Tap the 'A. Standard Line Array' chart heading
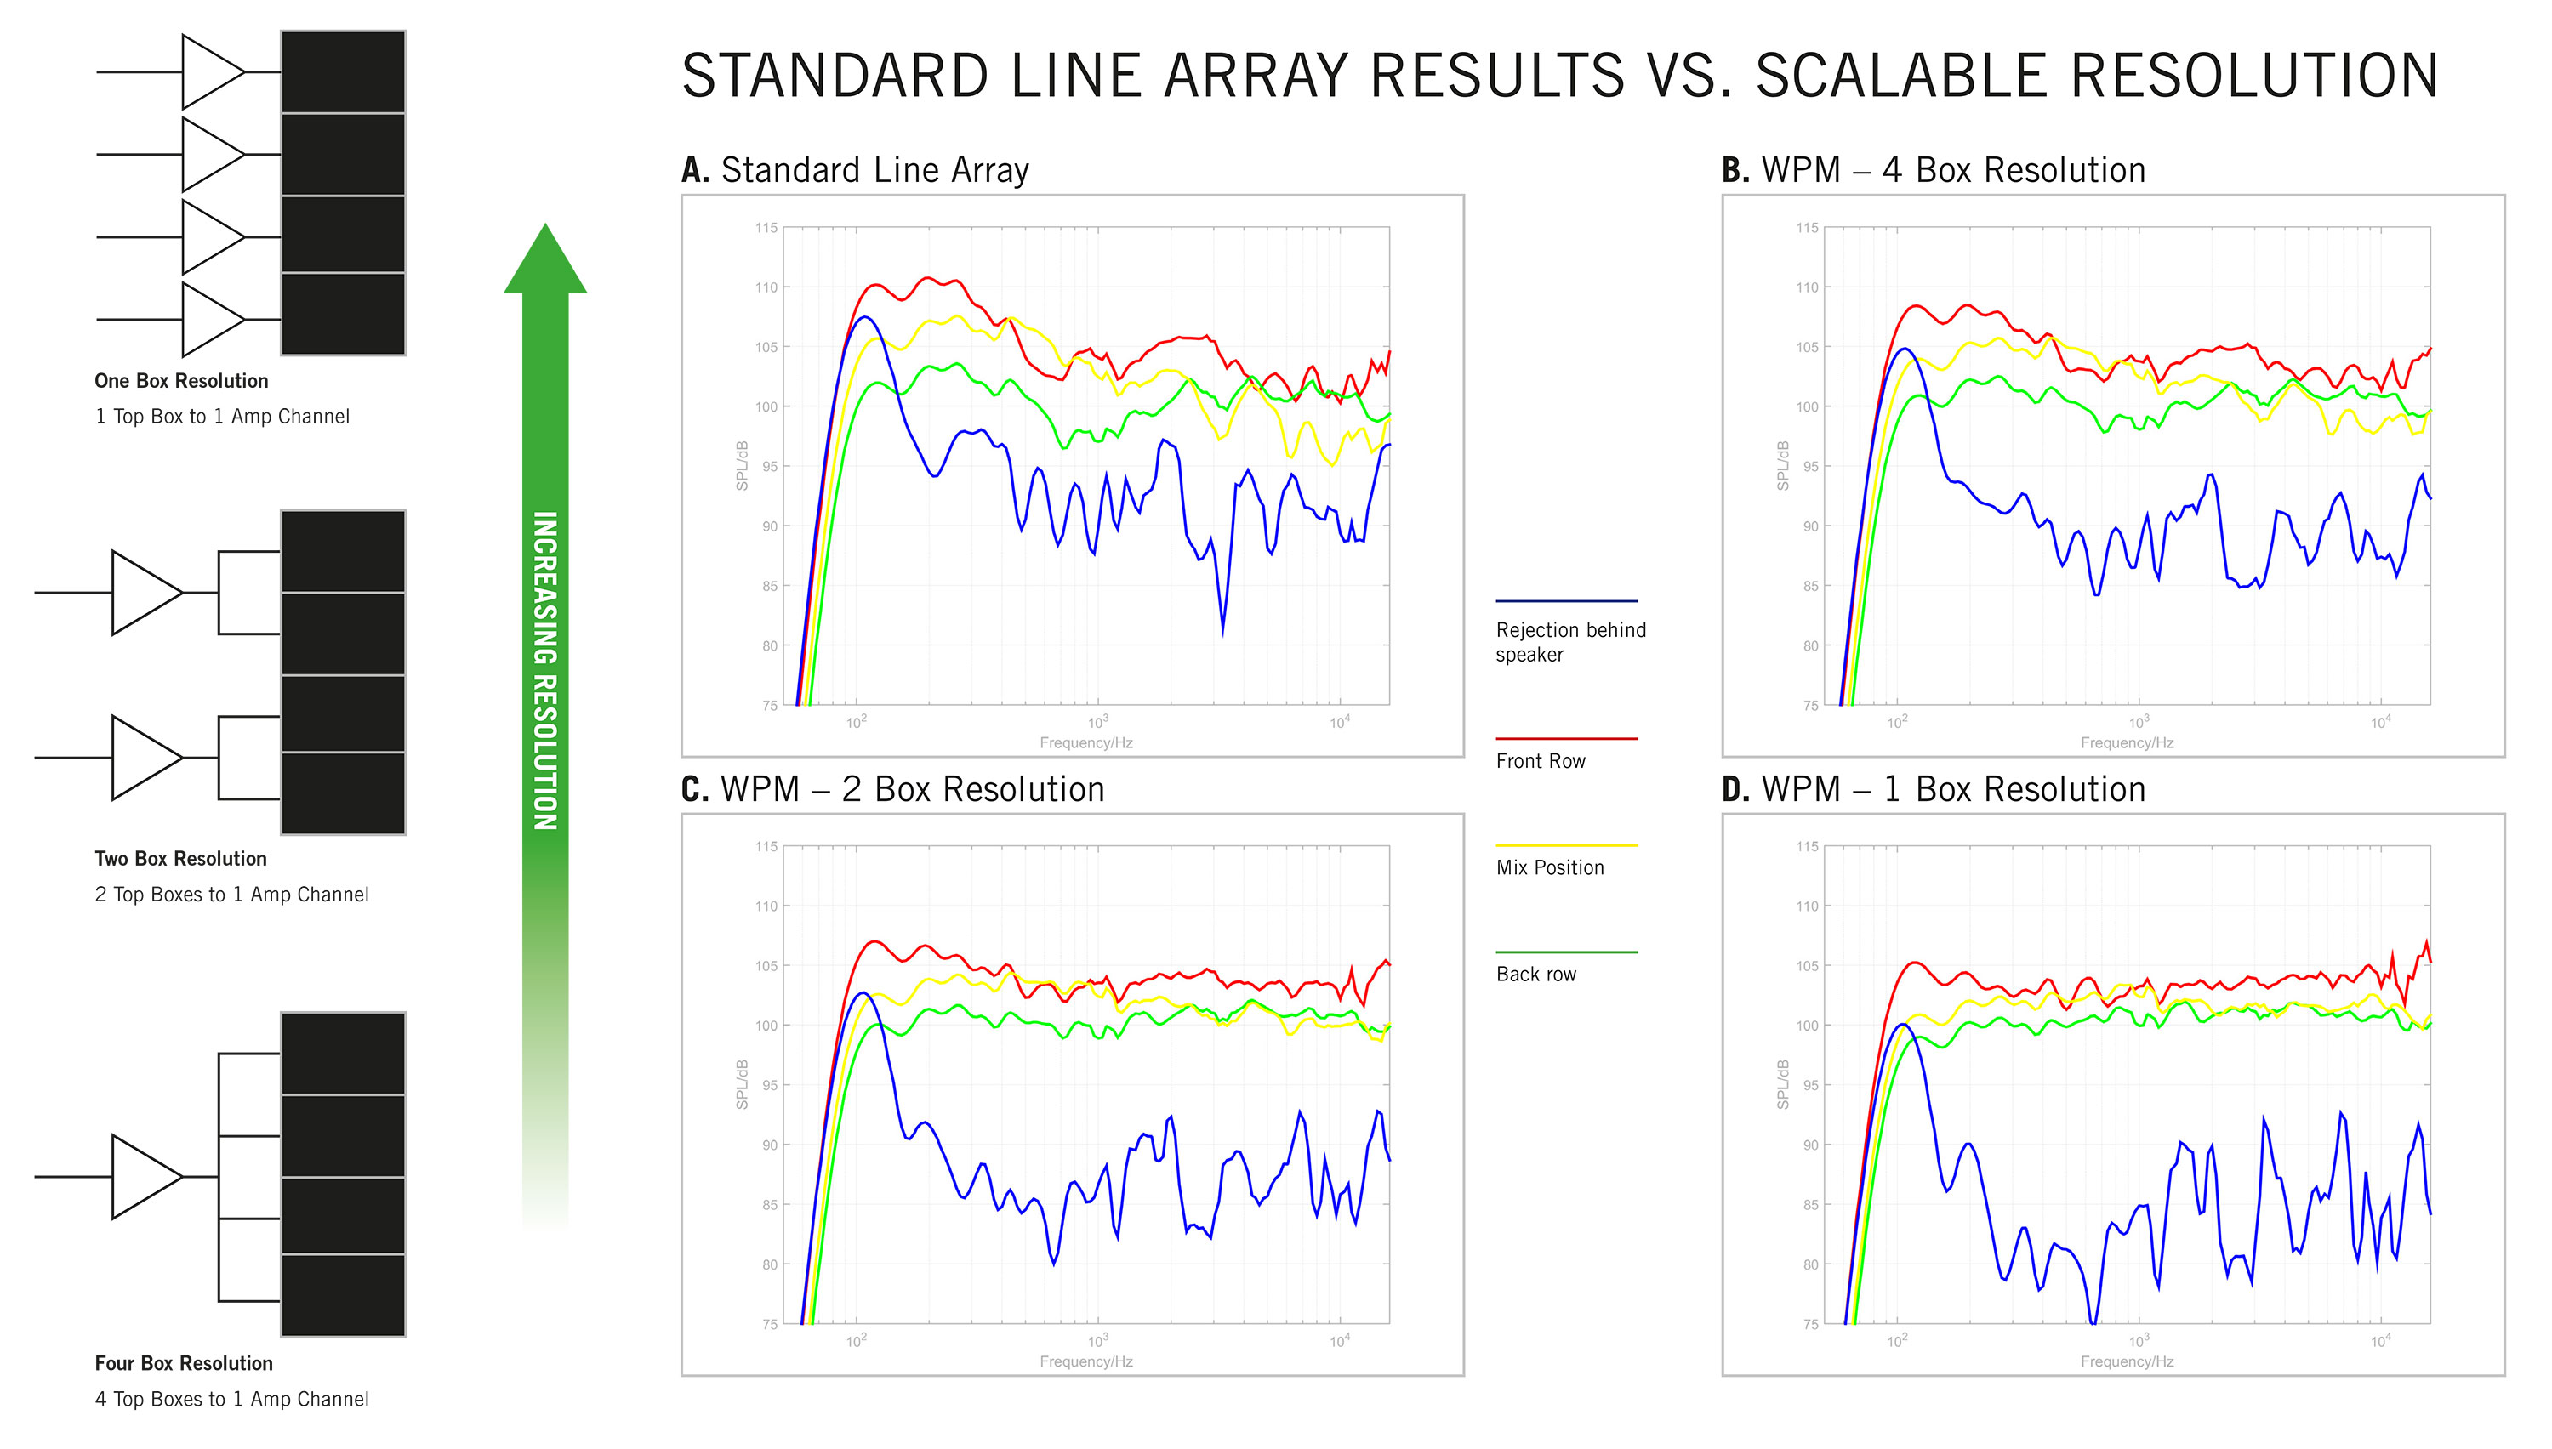(x=855, y=170)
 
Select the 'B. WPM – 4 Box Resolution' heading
(x=1933, y=170)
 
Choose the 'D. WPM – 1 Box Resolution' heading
(x=1933, y=789)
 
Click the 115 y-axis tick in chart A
(x=766, y=228)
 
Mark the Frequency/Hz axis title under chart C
(x=1086, y=1361)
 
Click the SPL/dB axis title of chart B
(x=1783, y=466)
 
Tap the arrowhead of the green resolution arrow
(x=545, y=261)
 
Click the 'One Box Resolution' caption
(x=181, y=381)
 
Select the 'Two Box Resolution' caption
(x=180, y=859)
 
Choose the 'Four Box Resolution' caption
(x=183, y=1363)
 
